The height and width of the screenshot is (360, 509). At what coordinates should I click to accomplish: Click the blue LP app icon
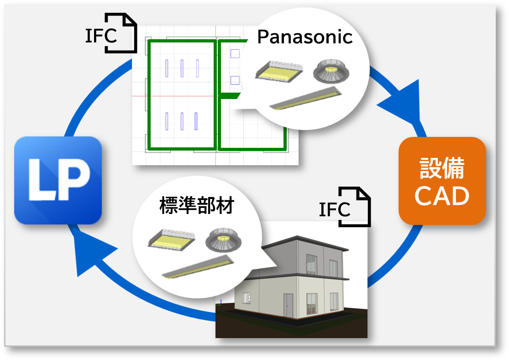[x=58, y=180]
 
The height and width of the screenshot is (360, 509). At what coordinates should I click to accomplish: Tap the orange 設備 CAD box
[x=442, y=181]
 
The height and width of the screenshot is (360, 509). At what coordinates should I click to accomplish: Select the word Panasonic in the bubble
[x=305, y=37]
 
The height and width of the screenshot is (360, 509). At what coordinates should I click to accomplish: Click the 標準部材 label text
[x=196, y=206]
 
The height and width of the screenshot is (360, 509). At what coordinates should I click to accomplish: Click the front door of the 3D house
[x=289, y=305]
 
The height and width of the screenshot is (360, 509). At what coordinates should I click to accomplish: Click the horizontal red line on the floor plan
[x=173, y=96]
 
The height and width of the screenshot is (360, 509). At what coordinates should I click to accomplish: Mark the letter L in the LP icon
[x=41, y=180]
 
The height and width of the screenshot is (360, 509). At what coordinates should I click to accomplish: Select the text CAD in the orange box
[x=441, y=196]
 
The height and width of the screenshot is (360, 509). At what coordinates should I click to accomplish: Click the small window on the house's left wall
[x=247, y=297]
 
